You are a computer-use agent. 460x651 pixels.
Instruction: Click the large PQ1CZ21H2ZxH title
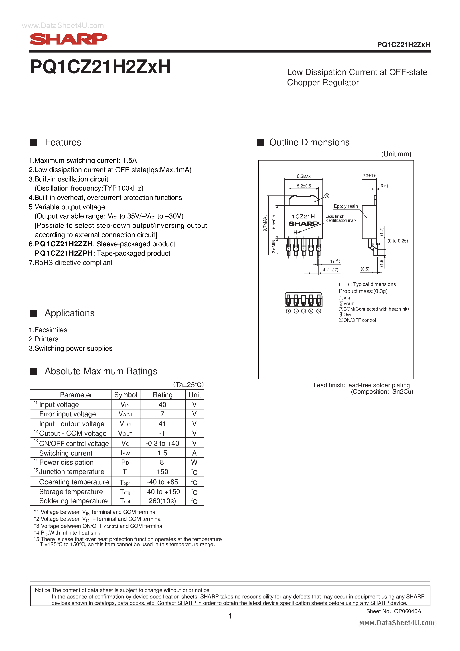click(x=100, y=67)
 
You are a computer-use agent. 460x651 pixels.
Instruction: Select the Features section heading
click(x=63, y=142)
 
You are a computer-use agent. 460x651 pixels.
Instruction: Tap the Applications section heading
click(x=69, y=313)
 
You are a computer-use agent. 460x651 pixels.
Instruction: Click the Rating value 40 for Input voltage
click(x=162, y=405)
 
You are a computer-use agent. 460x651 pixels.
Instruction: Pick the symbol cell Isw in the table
click(x=125, y=453)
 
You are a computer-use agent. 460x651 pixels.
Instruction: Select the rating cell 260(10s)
click(x=162, y=501)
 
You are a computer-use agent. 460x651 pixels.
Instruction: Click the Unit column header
click(x=195, y=395)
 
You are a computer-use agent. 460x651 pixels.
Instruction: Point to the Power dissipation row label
click(x=66, y=462)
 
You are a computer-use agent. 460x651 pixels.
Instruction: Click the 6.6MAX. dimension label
click(x=304, y=176)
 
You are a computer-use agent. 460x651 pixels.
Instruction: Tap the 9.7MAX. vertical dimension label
click(x=265, y=224)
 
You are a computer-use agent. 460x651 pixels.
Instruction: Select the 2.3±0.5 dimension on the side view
click(x=369, y=176)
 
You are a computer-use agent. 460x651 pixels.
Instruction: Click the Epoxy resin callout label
click(x=345, y=206)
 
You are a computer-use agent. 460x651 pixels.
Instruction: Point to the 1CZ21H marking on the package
click(x=303, y=216)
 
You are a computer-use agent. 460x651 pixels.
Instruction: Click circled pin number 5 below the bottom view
click(x=318, y=311)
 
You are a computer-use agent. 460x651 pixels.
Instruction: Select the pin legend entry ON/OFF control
click(x=358, y=320)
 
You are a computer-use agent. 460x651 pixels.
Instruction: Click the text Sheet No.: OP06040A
click(x=393, y=611)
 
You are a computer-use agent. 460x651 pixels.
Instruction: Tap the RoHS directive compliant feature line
click(x=71, y=262)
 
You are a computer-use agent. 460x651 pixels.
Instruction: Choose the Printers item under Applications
click(x=44, y=339)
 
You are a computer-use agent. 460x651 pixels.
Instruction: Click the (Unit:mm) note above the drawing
click(x=396, y=154)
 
